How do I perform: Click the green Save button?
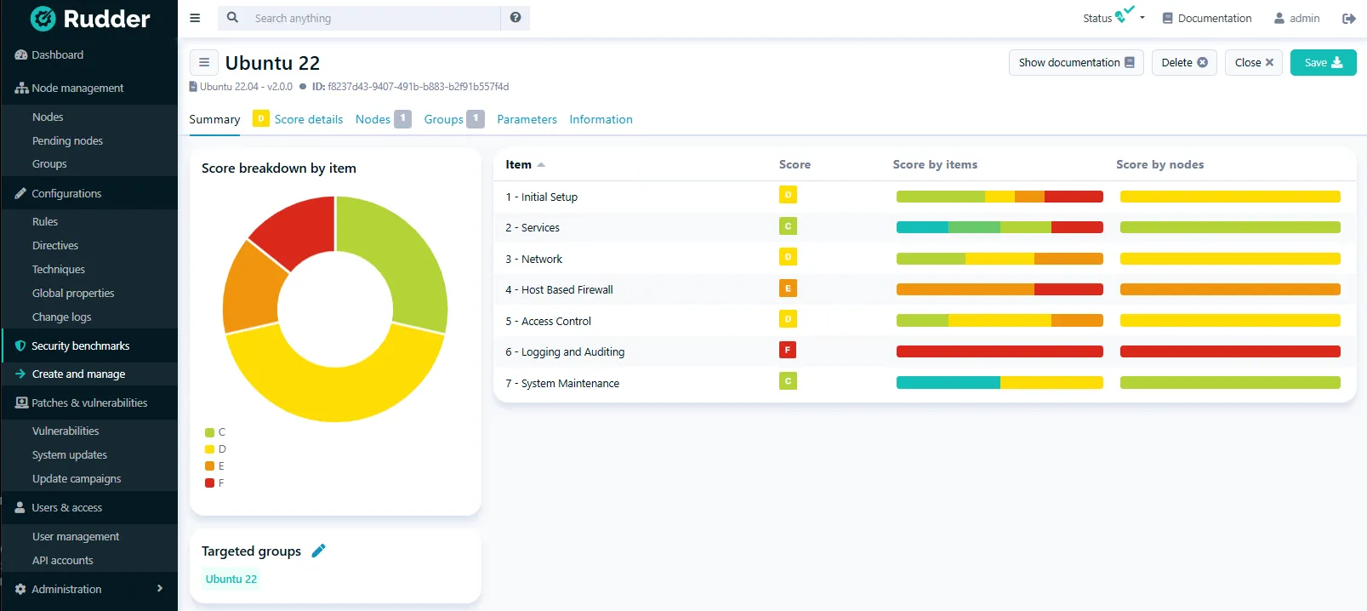click(x=1323, y=62)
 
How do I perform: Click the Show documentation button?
click(x=1075, y=62)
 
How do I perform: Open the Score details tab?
click(x=308, y=119)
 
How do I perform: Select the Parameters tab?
click(x=527, y=119)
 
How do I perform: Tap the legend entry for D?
click(x=216, y=449)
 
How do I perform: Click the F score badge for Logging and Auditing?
click(x=788, y=350)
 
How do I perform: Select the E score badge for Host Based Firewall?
click(x=788, y=288)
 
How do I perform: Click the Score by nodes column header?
click(x=1159, y=164)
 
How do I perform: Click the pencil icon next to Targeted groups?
click(x=319, y=551)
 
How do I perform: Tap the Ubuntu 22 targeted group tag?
click(x=231, y=579)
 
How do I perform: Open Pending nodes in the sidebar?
click(x=67, y=140)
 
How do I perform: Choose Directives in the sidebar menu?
click(x=55, y=245)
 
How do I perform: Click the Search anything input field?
click(x=374, y=18)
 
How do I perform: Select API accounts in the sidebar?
click(x=62, y=560)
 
